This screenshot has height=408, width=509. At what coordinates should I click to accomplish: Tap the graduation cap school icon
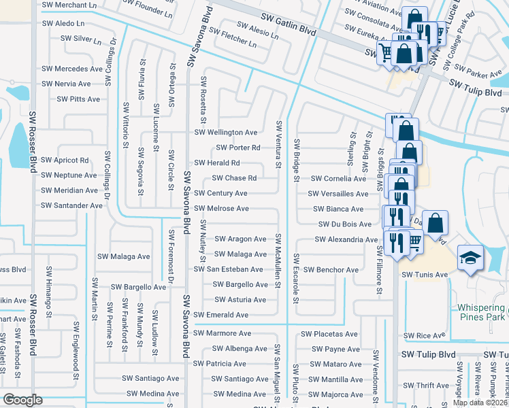[x=471, y=258]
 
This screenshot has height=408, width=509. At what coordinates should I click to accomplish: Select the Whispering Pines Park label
[x=480, y=311]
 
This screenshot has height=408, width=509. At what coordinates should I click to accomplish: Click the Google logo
[x=23, y=399]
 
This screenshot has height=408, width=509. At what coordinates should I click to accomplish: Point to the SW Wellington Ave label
[x=226, y=132]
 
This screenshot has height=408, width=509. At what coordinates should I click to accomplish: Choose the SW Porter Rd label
[x=238, y=148]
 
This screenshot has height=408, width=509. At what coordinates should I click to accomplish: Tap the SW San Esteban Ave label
[x=228, y=269]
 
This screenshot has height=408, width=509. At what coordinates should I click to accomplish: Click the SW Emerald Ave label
[x=220, y=315]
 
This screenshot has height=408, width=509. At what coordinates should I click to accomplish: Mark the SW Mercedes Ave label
[x=71, y=69]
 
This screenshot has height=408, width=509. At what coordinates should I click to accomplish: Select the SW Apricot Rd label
[x=65, y=160]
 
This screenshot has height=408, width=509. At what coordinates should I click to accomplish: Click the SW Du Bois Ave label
[x=345, y=224]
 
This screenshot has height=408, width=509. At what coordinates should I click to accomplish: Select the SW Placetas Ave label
[x=330, y=334]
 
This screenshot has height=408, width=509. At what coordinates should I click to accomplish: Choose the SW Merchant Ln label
[x=69, y=5]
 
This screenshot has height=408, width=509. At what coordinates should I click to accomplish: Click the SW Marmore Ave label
[x=222, y=333]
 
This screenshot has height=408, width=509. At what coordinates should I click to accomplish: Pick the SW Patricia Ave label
[x=220, y=364]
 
